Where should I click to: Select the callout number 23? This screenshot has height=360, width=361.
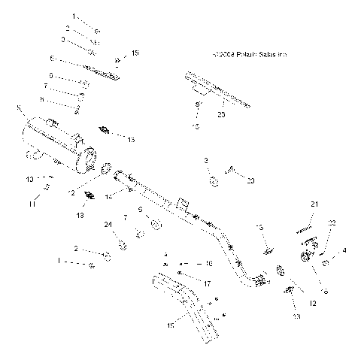pyautogui.click(x=221, y=113)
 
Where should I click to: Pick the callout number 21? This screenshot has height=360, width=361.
pyautogui.click(x=315, y=204)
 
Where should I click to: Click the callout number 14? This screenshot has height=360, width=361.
pyautogui.click(x=109, y=197)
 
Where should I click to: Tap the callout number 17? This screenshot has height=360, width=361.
pyautogui.click(x=207, y=284)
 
